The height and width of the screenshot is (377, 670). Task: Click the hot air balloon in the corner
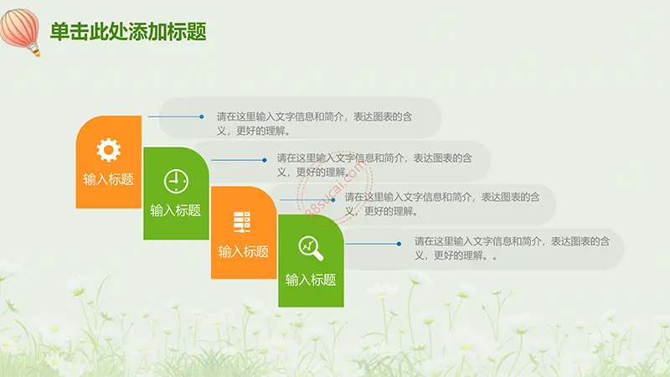tap(20, 32)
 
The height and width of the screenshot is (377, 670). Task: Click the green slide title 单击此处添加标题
tap(128, 32)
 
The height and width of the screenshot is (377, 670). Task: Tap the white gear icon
tap(109, 150)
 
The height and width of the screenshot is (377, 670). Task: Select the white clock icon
tap(176, 181)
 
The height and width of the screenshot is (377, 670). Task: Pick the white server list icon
tap(242, 222)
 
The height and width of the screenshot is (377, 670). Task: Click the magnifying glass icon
tap(311, 248)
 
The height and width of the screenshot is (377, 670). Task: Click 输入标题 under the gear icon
tap(109, 179)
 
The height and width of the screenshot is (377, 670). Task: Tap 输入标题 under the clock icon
tap(176, 210)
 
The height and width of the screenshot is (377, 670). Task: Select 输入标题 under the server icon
tap(244, 251)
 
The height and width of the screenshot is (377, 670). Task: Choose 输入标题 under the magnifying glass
tap(311, 280)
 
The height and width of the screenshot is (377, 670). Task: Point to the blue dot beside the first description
tap(202, 116)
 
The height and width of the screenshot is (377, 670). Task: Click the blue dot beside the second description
tap(265, 160)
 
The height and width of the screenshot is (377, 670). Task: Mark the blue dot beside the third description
tap(332, 199)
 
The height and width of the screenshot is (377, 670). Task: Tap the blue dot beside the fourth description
tap(399, 244)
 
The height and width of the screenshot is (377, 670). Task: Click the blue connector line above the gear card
tap(175, 116)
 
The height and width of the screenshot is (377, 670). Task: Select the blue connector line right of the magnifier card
tap(372, 244)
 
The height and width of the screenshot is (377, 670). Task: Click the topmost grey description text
tap(315, 123)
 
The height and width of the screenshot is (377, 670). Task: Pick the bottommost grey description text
tap(512, 248)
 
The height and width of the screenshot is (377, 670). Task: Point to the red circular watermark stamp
tap(336, 188)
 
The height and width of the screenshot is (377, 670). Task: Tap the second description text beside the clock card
tap(374, 165)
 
